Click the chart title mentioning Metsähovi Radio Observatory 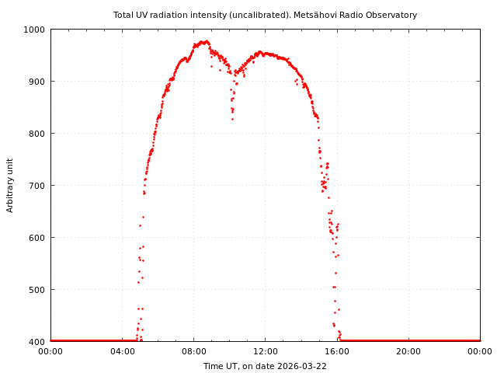tap(265, 15)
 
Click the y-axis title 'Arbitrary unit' tap(10, 185)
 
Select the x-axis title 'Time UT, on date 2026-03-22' tap(265, 366)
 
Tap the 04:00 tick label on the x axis tap(122, 351)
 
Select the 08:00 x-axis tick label tap(193, 351)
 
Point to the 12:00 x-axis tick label tap(265, 351)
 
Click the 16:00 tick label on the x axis tap(337, 351)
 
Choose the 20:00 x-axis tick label tap(408, 351)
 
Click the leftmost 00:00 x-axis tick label tap(50, 351)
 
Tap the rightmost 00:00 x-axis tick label tap(480, 351)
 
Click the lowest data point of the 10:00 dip tap(231, 119)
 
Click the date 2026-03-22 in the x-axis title tap(303, 366)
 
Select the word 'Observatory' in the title tap(391, 15)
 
